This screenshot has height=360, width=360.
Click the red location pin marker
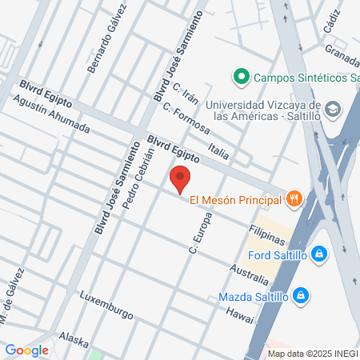(x=180, y=179)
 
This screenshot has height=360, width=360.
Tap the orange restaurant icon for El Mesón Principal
(x=294, y=198)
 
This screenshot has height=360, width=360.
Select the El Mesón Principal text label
(x=236, y=199)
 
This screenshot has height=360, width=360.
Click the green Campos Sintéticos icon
(x=239, y=77)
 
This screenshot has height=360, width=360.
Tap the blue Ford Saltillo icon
(x=318, y=254)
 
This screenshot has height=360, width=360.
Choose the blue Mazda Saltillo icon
(x=301, y=296)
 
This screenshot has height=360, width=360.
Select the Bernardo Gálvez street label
(x=108, y=39)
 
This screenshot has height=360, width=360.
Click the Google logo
(x=26, y=350)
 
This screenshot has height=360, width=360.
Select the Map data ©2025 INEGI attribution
(x=312, y=354)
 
